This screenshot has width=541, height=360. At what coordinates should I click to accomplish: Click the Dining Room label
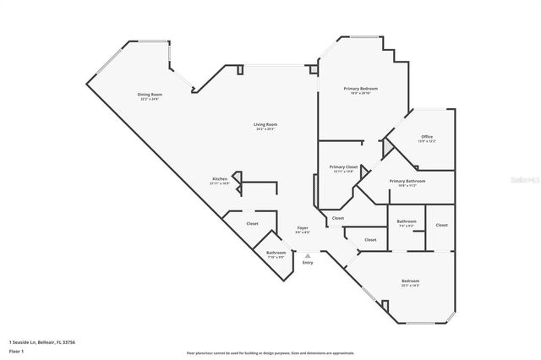150,94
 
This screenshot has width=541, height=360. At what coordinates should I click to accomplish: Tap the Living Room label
265,125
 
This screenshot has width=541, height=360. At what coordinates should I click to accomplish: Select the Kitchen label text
220,179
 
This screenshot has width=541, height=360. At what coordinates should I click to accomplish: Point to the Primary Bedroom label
360,89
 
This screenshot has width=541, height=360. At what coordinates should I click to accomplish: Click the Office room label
427,137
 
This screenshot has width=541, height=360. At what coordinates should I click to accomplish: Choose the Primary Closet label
343,167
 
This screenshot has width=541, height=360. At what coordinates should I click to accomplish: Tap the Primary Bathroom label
407,181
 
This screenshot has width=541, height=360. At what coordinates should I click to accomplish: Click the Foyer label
302,229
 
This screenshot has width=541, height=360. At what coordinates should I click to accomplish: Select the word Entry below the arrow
307,263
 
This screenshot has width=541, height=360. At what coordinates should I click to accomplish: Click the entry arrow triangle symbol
308,254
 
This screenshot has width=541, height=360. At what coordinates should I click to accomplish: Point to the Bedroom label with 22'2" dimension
411,281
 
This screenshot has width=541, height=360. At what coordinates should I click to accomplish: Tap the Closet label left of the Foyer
252,223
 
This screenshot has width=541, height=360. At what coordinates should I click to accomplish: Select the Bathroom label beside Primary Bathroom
406,221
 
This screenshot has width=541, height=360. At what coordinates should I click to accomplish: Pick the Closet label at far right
442,225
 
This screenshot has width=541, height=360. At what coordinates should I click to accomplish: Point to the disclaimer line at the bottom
270,352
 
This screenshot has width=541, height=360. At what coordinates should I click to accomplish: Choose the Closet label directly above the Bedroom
370,240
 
